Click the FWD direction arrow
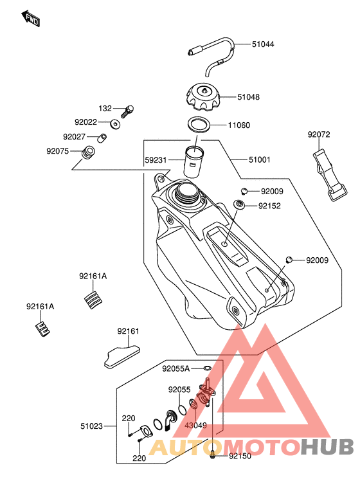[x=30, y=19]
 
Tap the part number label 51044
[x=263, y=44]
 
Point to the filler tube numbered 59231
[x=194, y=162]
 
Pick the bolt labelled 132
[x=127, y=111]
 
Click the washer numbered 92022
[x=116, y=124]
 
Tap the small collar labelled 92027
[x=102, y=138]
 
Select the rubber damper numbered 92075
[x=88, y=152]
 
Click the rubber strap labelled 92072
[x=330, y=175]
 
